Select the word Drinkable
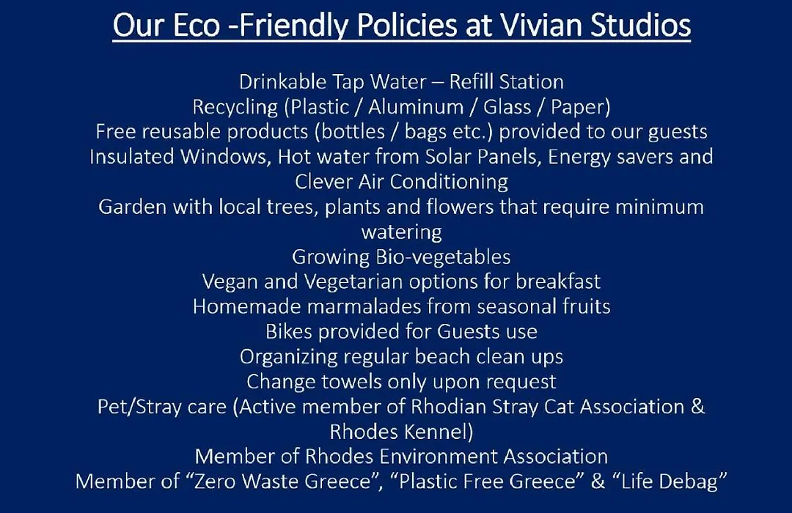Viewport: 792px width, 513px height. [283, 82]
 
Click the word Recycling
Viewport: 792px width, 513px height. [235, 108]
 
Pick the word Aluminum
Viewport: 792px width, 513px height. [416, 107]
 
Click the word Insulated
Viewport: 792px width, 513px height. [132, 157]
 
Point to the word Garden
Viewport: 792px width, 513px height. [132, 207]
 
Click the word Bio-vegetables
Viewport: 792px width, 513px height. [443, 257]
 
